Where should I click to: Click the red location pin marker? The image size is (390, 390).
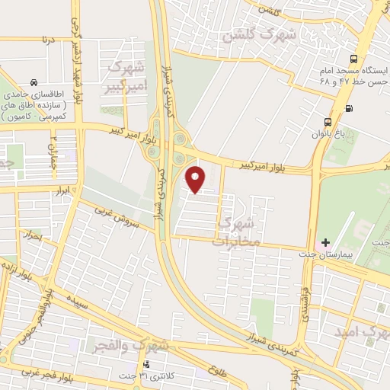[197, 179]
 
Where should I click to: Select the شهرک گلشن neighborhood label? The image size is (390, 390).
[251, 34]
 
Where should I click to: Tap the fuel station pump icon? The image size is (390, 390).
[349, 108]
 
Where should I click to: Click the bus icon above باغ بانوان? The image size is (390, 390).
[328, 121]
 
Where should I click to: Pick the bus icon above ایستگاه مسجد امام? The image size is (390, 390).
[353, 59]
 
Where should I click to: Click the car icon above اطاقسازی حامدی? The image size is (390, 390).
[34, 82]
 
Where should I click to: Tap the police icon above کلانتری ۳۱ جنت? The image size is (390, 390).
[146, 364]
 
